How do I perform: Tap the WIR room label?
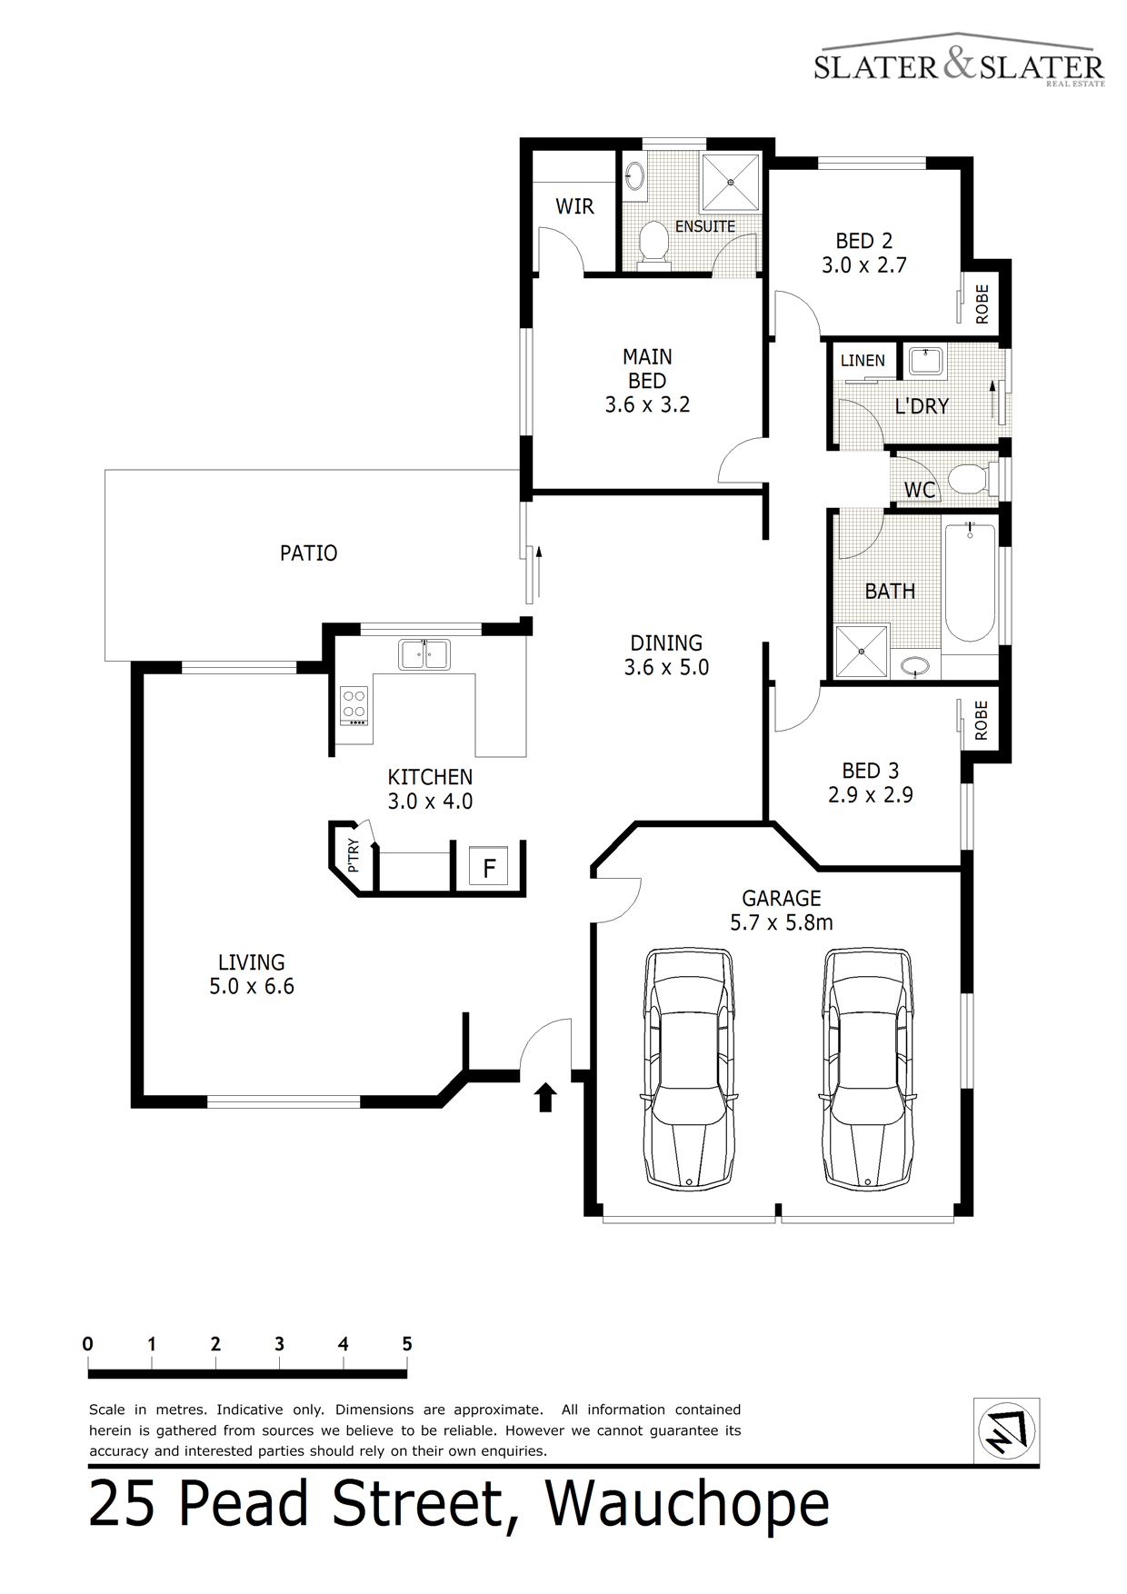[x=574, y=206]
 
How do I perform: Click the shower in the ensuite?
[x=731, y=182]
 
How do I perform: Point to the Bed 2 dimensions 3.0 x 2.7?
[x=864, y=265]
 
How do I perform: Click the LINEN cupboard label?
[x=863, y=361]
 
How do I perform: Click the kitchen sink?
[x=424, y=654]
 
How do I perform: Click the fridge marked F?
[x=489, y=868]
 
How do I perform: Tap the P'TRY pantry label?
[x=354, y=855]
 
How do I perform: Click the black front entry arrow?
[x=545, y=1097]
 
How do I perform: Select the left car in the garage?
[x=688, y=1069]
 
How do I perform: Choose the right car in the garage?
[x=866, y=1069]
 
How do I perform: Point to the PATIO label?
[x=308, y=553]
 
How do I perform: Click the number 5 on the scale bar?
[x=407, y=1344]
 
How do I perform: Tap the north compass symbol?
[x=1006, y=1431]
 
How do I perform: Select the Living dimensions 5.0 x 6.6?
[x=252, y=987]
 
